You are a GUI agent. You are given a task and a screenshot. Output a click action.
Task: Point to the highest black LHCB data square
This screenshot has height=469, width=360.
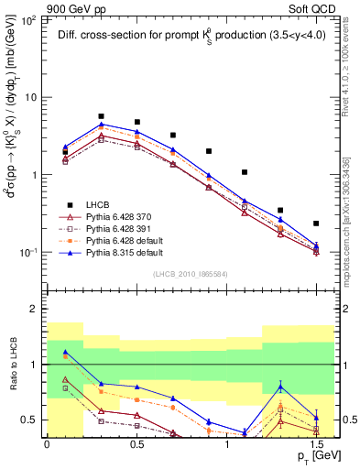pyautogui.click(x=101, y=116)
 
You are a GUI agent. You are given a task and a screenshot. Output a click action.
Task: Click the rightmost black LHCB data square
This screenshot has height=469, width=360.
pyautogui.click(x=316, y=224)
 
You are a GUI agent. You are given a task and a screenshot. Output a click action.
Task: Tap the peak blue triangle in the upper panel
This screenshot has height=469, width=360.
pyautogui.click(x=101, y=124)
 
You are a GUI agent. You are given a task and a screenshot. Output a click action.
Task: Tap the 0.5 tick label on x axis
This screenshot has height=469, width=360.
pyautogui.click(x=136, y=442)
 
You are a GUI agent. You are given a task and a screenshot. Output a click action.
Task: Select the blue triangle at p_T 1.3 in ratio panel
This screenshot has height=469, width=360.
pyautogui.click(x=280, y=387)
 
